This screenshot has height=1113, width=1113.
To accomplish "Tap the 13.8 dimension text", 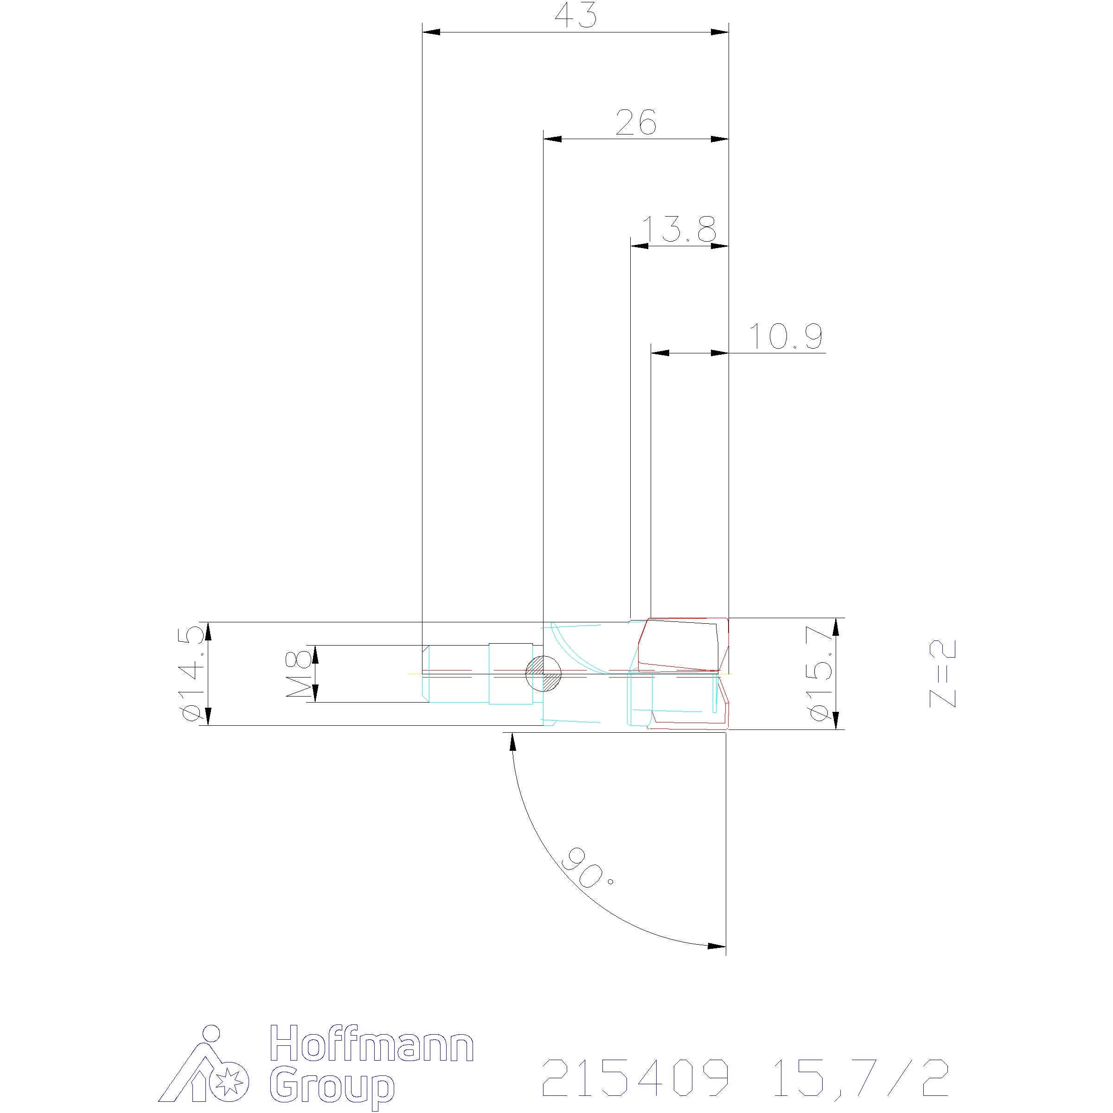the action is tap(679, 229).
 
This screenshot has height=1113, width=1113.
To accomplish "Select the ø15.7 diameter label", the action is tap(821, 673).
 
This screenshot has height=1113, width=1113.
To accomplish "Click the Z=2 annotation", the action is tap(942, 673).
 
